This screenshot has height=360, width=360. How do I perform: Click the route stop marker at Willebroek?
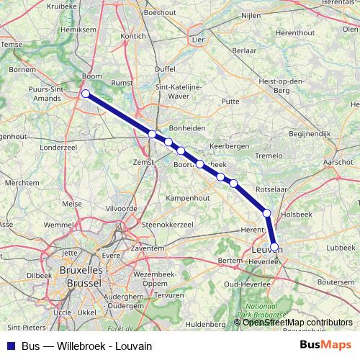86,94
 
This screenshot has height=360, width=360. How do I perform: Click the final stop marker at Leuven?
274,246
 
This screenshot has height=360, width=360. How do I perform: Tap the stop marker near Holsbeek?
267,213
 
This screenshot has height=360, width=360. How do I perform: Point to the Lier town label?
199,40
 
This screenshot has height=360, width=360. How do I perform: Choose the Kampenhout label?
186,197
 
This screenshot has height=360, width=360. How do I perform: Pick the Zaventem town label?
148,247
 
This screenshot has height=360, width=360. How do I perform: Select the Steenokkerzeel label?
169,225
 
